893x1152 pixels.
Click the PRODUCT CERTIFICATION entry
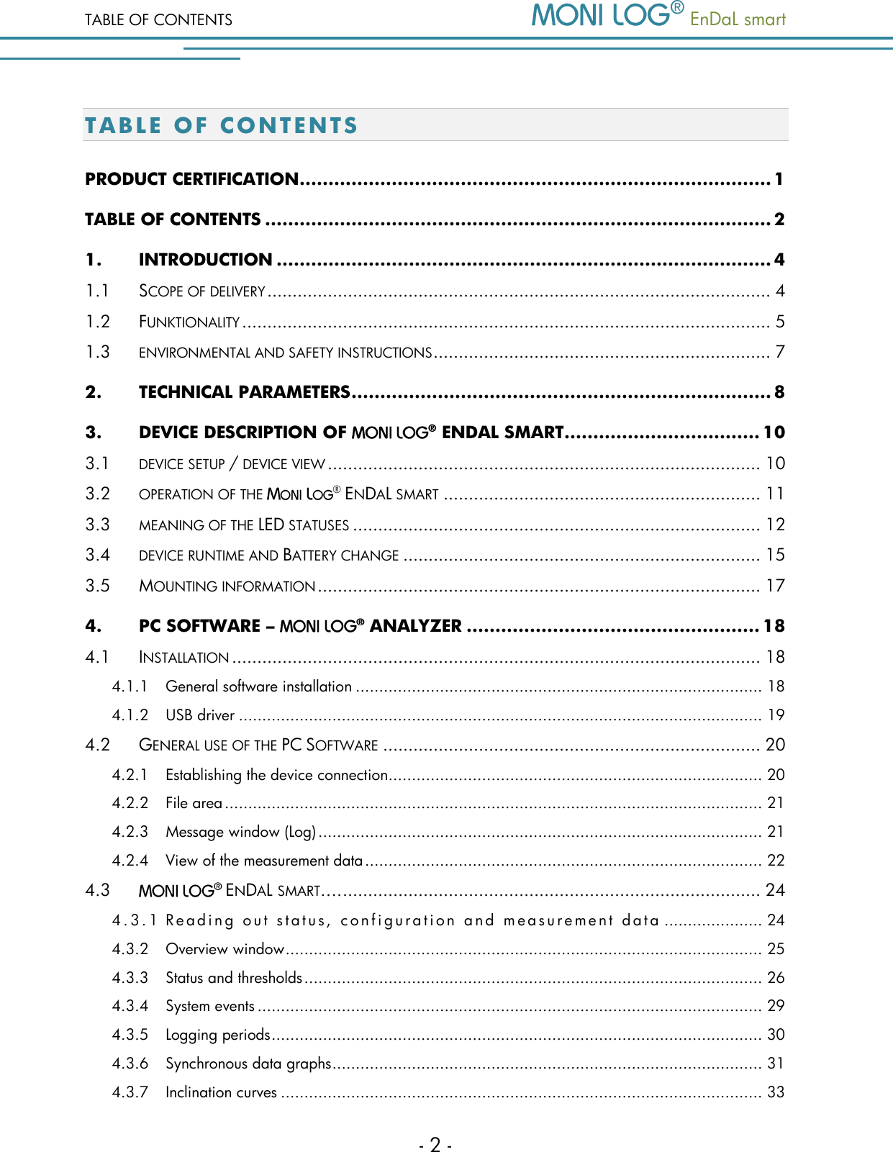191,179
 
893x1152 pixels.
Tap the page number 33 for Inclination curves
776,1092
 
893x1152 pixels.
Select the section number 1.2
98,322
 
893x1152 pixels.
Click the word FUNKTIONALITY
189,322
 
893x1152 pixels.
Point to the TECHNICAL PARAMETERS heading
244,392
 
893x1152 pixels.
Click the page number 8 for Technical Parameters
779,392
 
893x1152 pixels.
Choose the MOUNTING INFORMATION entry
227,586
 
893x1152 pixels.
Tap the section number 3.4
98,555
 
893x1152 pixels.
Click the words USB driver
200,715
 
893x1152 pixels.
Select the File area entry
194,803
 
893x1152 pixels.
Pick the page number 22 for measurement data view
776,861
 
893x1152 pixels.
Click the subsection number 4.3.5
130,1035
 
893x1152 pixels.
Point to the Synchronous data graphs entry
248,1063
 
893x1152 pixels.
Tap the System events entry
210,1006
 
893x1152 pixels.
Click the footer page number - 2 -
435,1144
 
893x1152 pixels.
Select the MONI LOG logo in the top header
607,16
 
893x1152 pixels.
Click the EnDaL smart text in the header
738,19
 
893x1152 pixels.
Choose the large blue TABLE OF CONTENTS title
221,125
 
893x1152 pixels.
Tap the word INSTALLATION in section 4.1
184,658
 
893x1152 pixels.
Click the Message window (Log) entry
240,832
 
